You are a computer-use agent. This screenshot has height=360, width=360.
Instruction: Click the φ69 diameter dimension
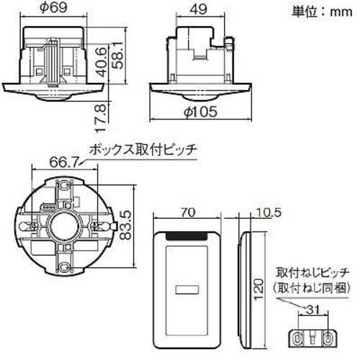[x=53, y=7]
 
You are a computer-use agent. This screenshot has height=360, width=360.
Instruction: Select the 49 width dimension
[x=199, y=9]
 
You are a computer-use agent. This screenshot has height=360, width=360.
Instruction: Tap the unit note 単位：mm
[x=322, y=12]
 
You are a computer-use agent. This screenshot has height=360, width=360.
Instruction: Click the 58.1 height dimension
[x=117, y=55]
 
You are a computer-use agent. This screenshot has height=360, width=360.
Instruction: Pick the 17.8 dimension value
[x=101, y=118]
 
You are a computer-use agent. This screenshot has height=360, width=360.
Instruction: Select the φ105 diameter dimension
[x=200, y=112]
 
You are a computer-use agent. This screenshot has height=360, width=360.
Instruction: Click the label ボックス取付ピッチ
[x=143, y=150]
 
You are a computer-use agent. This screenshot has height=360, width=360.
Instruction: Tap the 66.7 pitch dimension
[x=64, y=162]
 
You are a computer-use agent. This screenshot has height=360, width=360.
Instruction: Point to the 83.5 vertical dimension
[x=125, y=225]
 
